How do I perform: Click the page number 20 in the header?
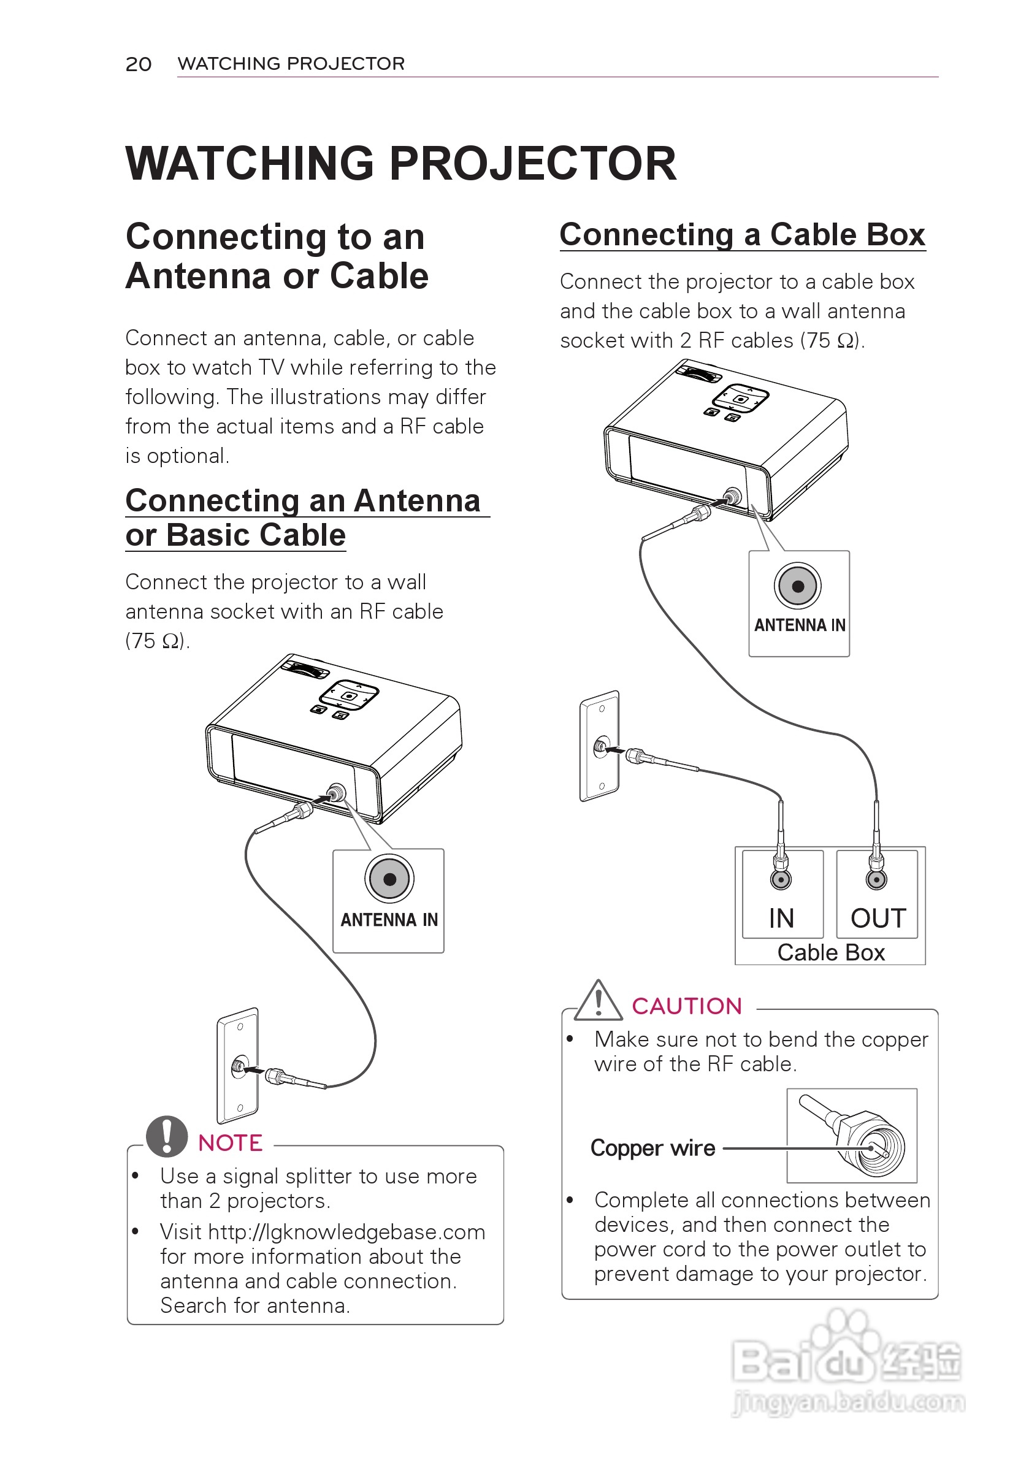point(138,64)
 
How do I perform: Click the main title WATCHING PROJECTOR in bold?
point(400,164)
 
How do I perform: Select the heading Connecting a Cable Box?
point(742,235)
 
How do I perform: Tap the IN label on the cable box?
point(781,918)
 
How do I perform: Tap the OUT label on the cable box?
point(878,918)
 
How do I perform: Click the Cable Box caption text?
point(830,952)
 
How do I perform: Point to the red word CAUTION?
point(687,1006)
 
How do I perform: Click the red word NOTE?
point(230,1143)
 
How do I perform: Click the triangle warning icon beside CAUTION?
point(599,1001)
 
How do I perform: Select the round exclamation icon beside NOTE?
point(167,1136)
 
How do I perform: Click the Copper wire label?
point(652,1148)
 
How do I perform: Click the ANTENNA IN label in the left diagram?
point(389,920)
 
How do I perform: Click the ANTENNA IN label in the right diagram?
point(800,625)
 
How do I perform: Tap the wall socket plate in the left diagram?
point(238,1066)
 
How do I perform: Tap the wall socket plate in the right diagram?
point(600,746)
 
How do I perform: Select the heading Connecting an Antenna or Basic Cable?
point(302,518)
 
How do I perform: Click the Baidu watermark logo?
point(846,1362)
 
